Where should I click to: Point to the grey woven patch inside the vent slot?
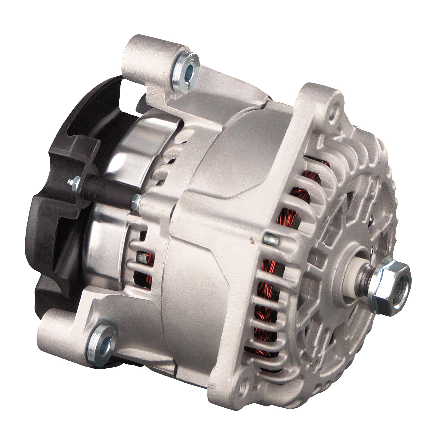(142, 257)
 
